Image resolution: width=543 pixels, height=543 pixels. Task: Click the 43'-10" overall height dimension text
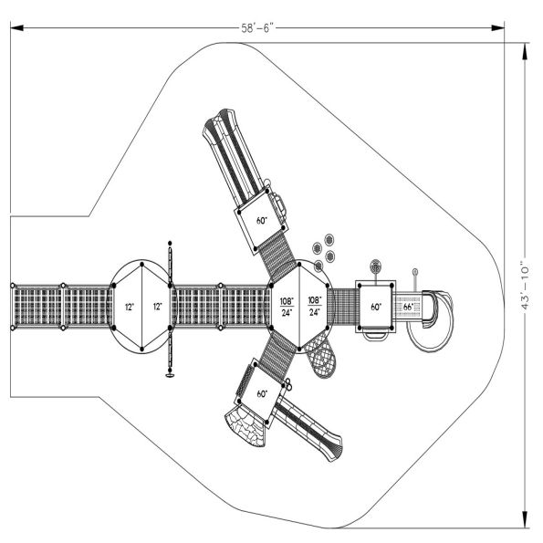(x=526, y=282)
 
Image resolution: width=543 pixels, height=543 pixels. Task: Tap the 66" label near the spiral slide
(x=408, y=308)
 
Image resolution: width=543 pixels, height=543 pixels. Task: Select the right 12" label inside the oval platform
(x=157, y=307)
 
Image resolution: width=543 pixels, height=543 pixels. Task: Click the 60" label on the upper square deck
(x=262, y=220)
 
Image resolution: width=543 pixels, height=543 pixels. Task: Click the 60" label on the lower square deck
(x=262, y=394)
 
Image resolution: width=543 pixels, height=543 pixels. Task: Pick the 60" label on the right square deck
(x=375, y=308)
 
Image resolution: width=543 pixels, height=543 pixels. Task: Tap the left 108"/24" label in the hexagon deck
(x=287, y=307)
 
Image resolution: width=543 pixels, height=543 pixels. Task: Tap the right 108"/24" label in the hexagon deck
(x=314, y=307)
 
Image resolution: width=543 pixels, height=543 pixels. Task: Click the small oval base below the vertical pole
(x=168, y=373)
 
